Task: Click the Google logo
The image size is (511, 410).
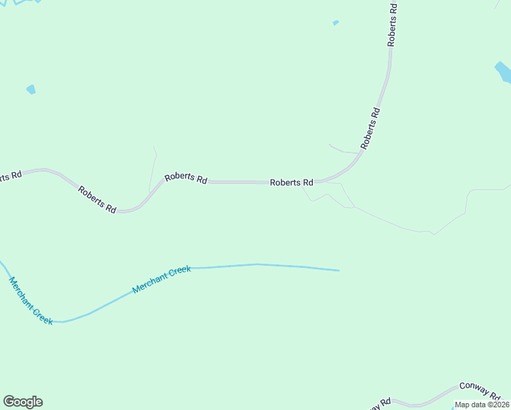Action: [23, 402]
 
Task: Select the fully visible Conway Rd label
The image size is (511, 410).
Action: [480, 389]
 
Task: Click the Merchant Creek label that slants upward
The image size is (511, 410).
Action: [161, 280]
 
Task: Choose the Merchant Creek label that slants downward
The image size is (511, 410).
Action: [31, 301]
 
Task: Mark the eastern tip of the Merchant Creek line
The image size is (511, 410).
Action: [338, 271]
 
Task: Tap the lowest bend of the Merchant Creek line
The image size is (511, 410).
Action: [61, 321]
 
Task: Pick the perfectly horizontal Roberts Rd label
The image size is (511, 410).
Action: [291, 182]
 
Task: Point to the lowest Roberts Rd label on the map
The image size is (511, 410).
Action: [97, 200]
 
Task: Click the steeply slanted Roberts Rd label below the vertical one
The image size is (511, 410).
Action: [370, 128]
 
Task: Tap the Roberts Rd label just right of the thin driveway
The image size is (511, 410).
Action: [186, 178]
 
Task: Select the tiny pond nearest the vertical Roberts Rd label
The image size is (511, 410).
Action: [335, 23]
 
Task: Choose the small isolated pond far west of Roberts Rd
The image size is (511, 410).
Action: [31, 90]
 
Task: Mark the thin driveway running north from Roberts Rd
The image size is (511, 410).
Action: [153, 171]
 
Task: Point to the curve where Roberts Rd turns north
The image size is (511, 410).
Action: [347, 171]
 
